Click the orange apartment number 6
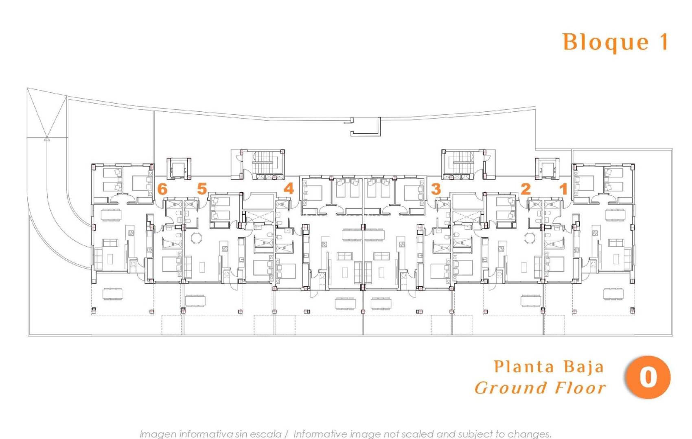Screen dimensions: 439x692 click(162, 189)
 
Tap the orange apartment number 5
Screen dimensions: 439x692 click(202, 189)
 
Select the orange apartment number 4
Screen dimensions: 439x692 click(289, 188)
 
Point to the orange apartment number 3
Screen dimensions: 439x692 click(436, 189)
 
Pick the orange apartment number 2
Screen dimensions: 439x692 click(526, 189)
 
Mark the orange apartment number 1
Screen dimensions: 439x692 click(564, 189)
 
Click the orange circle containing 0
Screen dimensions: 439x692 click(648, 377)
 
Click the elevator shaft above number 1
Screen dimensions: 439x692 click(547, 168)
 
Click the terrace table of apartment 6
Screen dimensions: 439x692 click(112, 294)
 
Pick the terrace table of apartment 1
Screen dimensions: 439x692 click(613, 293)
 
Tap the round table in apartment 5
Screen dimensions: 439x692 click(196, 238)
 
